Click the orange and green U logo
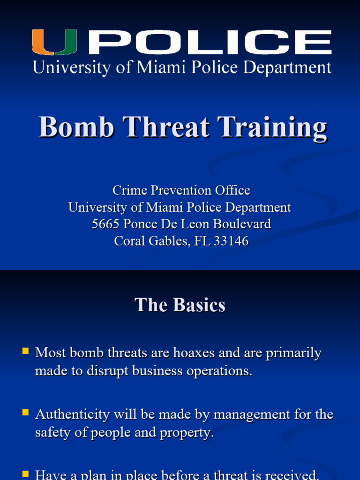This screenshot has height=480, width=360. pyautogui.click(x=54, y=42)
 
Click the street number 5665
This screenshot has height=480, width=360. pyautogui.click(x=105, y=224)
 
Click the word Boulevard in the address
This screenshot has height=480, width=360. pyautogui.click(x=242, y=224)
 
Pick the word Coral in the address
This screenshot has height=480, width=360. pyautogui.click(x=129, y=241)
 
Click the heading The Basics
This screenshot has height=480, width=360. pyautogui.click(x=180, y=305)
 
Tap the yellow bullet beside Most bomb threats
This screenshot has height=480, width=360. pyautogui.click(x=25, y=351)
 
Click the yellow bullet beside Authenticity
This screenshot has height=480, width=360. pyautogui.click(x=25, y=412)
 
